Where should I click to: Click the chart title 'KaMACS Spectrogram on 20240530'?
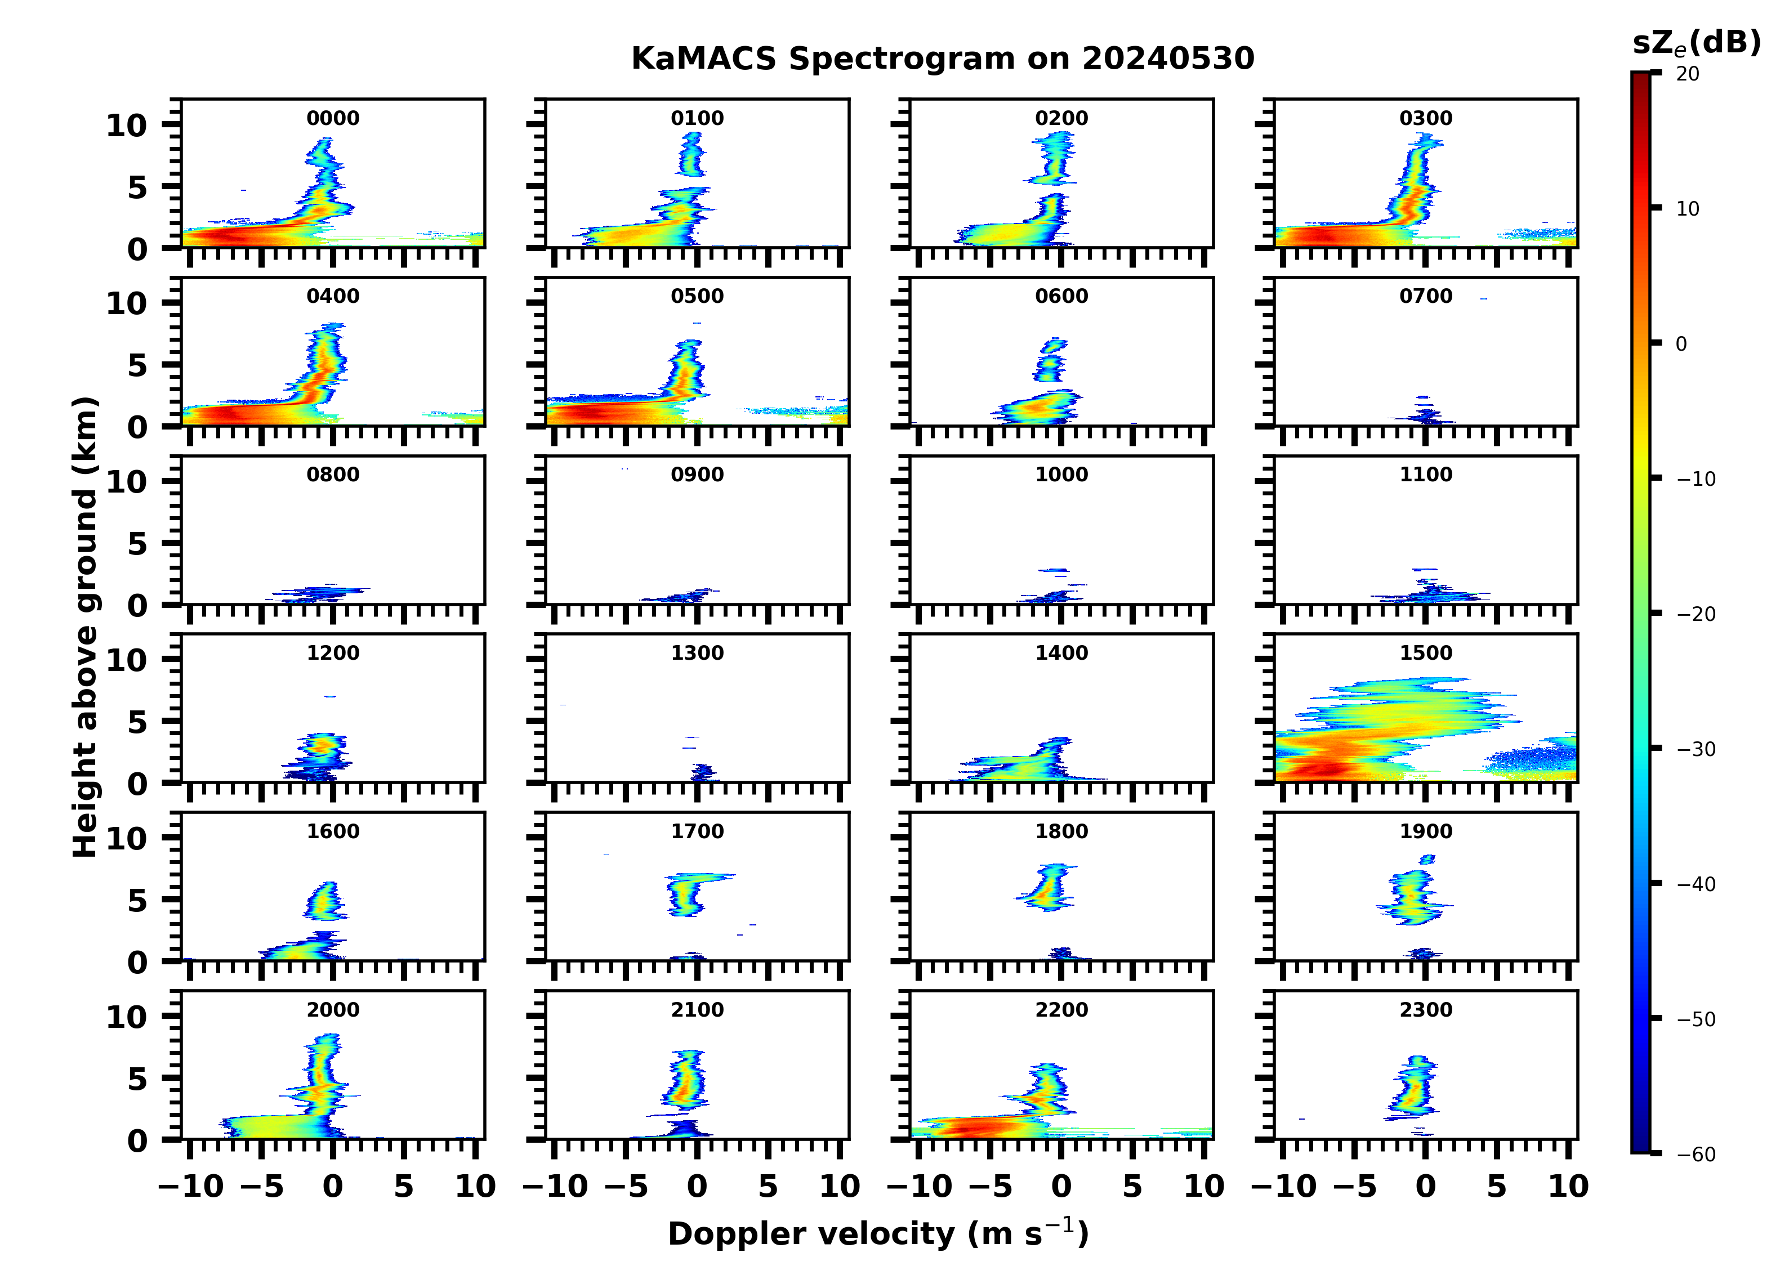(x=942, y=59)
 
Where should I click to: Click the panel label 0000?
(x=333, y=118)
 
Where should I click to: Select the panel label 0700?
(x=1425, y=297)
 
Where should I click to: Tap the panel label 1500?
(x=1425, y=653)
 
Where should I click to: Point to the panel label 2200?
(x=1061, y=1009)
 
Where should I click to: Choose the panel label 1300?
(x=697, y=653)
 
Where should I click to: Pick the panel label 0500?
(x=697, y=297)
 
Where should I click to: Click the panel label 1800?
(x=1061, y=831)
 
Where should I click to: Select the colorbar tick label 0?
(x=1681, y=344)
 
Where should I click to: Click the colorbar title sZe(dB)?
(x=1696, y=43)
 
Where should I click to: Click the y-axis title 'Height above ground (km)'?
(x=85, y=627)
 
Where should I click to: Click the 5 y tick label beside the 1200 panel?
(x=137, y=722)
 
